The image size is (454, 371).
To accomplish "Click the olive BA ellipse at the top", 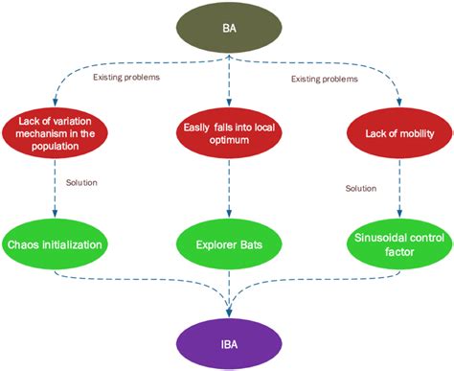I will click(229, 28).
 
